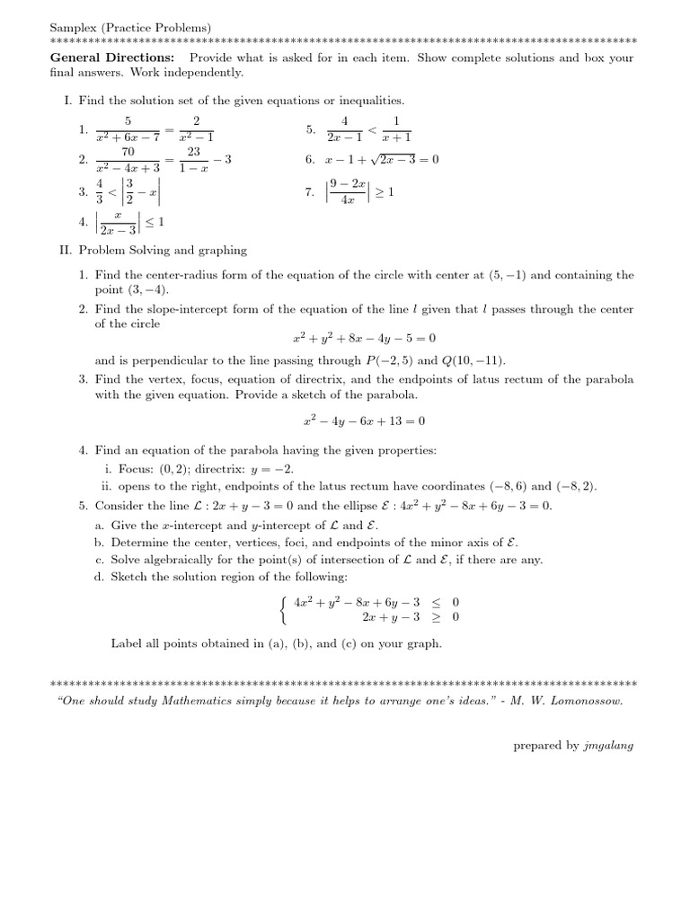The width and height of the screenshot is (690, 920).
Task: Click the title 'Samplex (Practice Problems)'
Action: click(x=130, y=28)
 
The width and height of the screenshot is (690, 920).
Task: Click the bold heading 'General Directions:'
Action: click(x=111, y=57)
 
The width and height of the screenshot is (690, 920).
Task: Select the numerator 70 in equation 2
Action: click(x=128, y=152)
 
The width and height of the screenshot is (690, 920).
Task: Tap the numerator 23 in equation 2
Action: click(x=193, y=152)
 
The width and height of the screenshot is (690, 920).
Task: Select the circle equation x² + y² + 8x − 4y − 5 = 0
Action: click(x=364, y=339)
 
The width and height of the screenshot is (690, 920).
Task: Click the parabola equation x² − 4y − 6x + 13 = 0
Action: click(x=364, y=420)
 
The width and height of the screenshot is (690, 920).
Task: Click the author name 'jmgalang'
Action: click(x=608, y=745)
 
